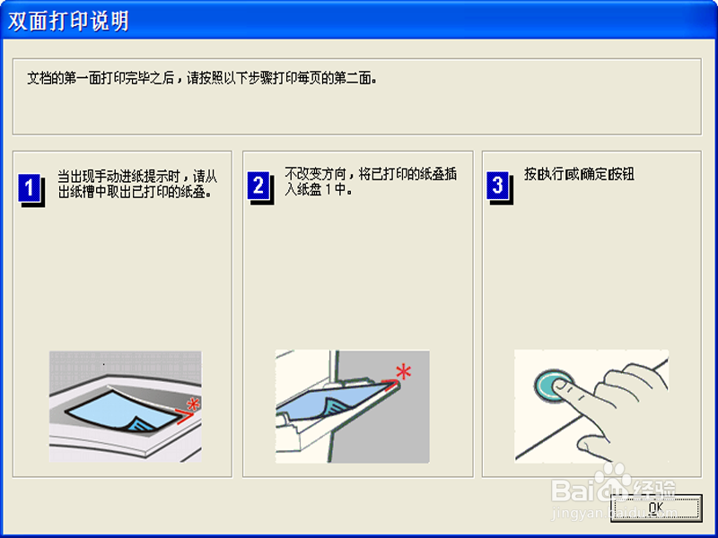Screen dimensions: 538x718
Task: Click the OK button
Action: (x=655, y=508)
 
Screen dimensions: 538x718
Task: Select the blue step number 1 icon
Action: (x=30, y=188)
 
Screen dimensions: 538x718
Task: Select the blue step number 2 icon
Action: (x=258, y=186)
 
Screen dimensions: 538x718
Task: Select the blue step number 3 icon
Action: (x=497, y=186)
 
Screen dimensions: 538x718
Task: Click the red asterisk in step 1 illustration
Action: (x=191, y=404)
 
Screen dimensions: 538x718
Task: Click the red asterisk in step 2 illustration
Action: (x=404, y=371)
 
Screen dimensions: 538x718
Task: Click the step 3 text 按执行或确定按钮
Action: (x=579, y=174)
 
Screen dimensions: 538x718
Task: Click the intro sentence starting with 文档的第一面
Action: (x=202, y=78)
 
